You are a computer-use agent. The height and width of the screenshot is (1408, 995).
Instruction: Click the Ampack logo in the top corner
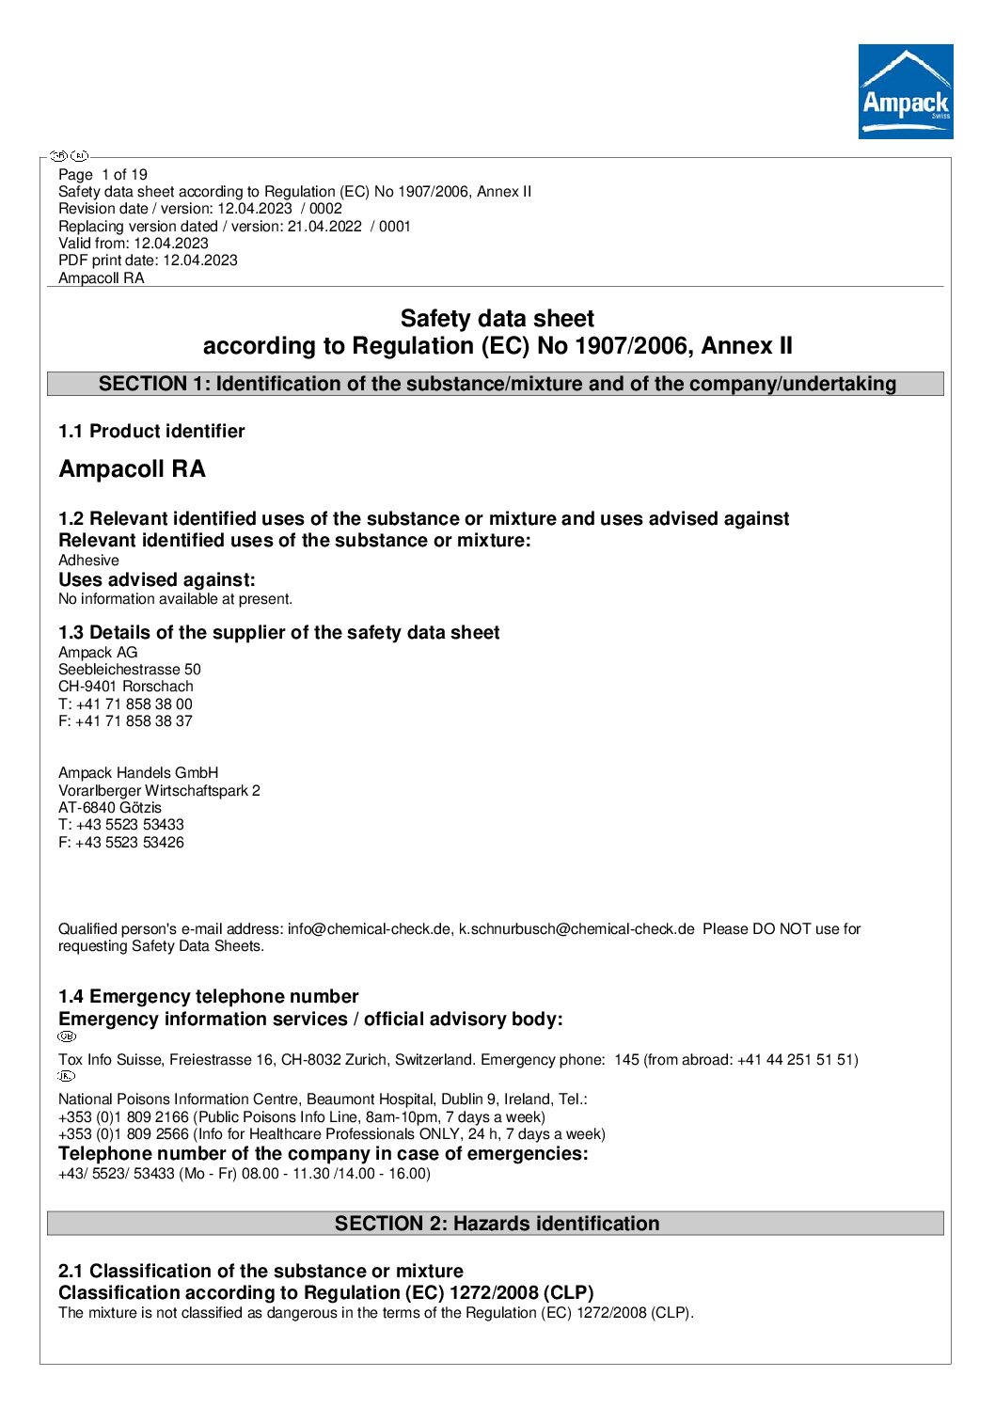click(x=905, y=91)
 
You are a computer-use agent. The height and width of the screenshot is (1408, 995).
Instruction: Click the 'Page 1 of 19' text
click(x=103, y=174)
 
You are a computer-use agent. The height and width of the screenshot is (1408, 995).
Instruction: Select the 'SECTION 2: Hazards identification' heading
click(x=497, y=1223)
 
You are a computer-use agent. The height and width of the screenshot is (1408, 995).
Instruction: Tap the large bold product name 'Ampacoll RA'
click(x=132, y=468)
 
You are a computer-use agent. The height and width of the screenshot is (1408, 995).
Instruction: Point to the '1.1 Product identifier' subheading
click(x=151, y=431)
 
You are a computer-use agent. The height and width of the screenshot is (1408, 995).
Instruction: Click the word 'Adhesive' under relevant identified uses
click(x=88, y=560)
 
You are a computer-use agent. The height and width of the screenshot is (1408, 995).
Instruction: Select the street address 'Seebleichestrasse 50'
click(x=130, y=669)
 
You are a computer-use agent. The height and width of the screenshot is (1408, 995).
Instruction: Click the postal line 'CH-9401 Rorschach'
click(x=126, y=686)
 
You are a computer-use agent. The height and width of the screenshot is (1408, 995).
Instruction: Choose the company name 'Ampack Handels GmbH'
click(x=138, y=772)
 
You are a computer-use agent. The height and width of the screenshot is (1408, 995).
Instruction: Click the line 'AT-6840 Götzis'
click(x=110, y=807)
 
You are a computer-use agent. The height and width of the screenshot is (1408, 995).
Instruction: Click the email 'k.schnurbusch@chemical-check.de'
click(x=576, y=928)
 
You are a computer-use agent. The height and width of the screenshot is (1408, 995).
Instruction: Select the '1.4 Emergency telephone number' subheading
click(x=208, y=996)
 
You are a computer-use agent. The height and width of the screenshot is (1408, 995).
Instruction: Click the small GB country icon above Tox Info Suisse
click(x=67, y=1036)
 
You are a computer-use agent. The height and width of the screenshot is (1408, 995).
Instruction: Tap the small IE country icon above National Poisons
click(x=67, y=1076)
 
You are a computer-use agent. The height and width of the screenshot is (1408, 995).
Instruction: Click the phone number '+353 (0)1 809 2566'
click(x=123, y=1133)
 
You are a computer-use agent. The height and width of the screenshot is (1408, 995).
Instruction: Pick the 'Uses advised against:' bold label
click(x=157, y=579)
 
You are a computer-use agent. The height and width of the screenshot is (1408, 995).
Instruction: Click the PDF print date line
click(x=148, y=260)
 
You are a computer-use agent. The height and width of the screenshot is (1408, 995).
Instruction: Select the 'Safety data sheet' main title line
click(x=497, y=319)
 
